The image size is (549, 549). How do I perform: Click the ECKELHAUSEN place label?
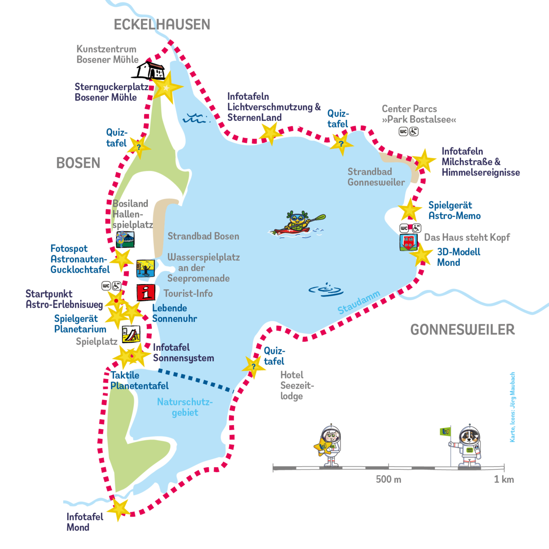click(x=162, y=24)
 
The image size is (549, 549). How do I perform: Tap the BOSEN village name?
click(x=78, y=163)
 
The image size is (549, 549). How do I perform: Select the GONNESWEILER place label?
click(x=462, y=329)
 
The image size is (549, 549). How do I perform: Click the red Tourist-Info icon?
click(x=145, y=293)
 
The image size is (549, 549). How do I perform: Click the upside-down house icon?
click(x=408, y=242)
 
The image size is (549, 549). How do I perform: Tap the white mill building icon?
click(x=151, y=70)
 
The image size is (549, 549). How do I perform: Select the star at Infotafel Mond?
click(x=119, y=509)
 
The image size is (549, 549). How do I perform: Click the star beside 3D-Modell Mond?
click(x=422, y=255)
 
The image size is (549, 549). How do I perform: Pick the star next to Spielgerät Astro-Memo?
click(x=410, y=210)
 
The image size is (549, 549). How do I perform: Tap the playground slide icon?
click(x=130, y=334)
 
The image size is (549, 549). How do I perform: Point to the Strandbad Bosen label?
click(x=203, y=237)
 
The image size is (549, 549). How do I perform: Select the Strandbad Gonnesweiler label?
click(x=376, y=177)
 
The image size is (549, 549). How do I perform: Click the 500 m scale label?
click(x=388, y=479)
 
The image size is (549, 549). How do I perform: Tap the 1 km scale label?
click(x=503, y=479)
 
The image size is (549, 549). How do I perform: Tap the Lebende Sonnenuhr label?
click(x=174, y=313)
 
